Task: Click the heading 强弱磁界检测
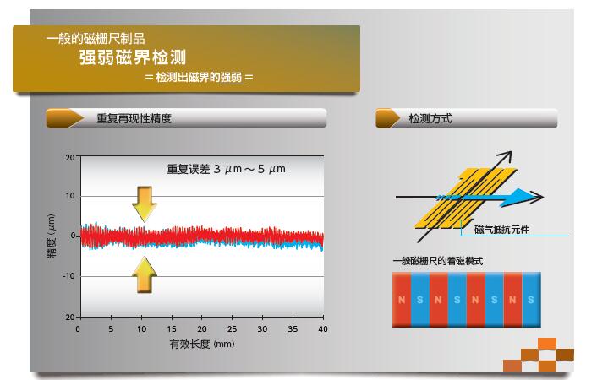(133, 57)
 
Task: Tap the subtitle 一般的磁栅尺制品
(96, 39)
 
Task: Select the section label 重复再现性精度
(134, 119)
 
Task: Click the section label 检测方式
(430, 119)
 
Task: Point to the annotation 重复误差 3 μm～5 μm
(226, 169)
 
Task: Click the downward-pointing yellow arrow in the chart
(145, 204)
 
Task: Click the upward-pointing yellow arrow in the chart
(145, 274)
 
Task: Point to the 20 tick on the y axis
(70, 157)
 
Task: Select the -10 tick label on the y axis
(68, 276)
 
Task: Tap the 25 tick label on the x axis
(232, 329)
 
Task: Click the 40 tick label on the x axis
(323, 329)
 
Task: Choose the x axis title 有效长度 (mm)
(202, 345)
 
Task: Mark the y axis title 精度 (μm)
(51, 236)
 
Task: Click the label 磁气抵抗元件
(501, 230)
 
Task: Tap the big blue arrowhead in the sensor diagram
(519, 198)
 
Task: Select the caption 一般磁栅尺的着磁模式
(438, 261)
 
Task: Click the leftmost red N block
(402, 300)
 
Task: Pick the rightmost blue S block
(532, 300)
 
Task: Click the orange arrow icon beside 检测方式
(387, 118)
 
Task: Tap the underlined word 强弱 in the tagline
(231, 78)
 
